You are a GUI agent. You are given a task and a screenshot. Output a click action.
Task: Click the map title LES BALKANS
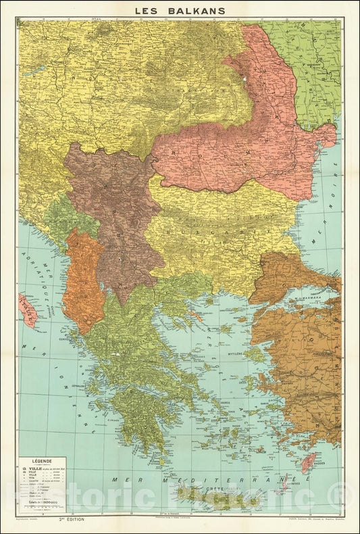(x=179, y=10)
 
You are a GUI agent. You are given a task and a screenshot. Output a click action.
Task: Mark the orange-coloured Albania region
(x=82, y=281)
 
